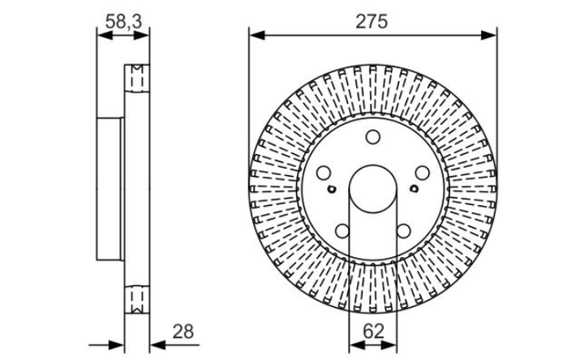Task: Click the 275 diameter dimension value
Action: click(372, 22)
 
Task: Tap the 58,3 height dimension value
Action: click(124, 22)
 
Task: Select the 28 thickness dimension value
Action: click(183, 332)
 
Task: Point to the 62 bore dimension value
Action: click(373, 331)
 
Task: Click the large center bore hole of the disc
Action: click(373, 189)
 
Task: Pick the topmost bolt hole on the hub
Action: click(373, 137)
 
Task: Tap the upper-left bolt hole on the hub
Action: click(323, 172)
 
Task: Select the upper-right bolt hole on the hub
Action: click(422, 172)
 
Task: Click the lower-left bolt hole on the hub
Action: click(343, 231)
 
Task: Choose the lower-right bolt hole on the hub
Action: click(404, 231)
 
